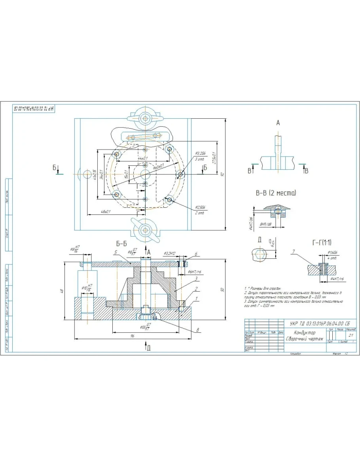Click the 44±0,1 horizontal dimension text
[x=143, y=158]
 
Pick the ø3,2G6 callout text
[x=201, y=154]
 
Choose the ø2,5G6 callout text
[x=200, y=207]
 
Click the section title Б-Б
[x=121, y=244]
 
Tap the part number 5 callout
[x=115, y=252]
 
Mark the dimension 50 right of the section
[x=223, y=290]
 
